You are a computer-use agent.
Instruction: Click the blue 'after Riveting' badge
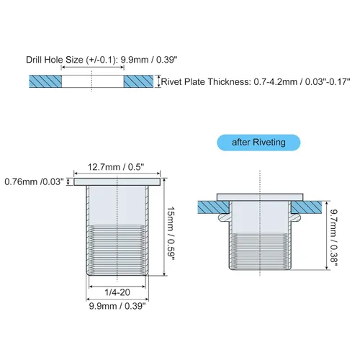click(x=258, y=143)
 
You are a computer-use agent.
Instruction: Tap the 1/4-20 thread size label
click(x=117, y=292)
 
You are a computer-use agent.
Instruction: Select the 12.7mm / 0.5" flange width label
click(x=116, y=167)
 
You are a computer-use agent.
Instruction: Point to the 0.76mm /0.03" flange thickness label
click(x=35, y=181)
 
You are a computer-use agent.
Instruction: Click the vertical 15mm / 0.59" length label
click(x=170, y=235)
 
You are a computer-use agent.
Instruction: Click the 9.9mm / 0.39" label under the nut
click(x=117, y=306)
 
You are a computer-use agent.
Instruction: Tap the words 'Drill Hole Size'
click(x=55, y=60)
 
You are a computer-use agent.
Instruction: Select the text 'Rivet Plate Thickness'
click(x=205, y=82)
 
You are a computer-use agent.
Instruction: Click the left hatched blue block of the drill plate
click(x=45, y=81)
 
